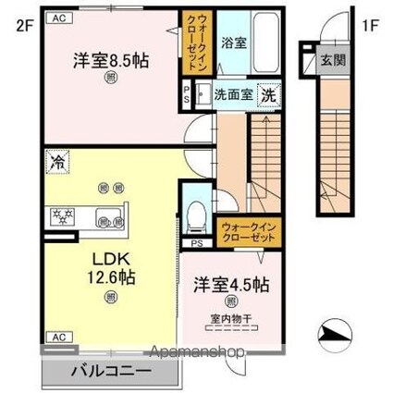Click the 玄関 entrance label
[x=330, y=64]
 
